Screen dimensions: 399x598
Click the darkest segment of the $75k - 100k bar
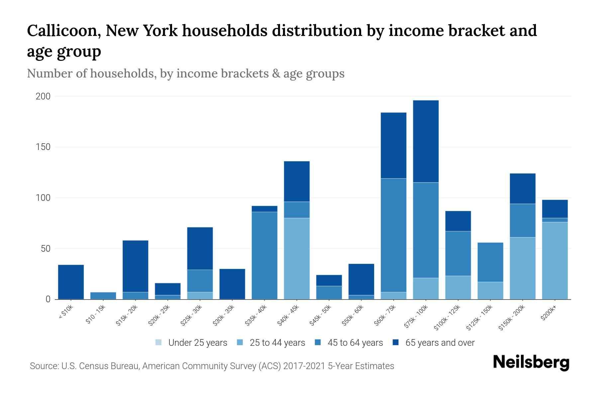coord(426,141)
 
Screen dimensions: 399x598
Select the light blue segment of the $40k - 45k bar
coord(297,259)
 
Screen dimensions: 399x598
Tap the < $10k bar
coord(71,282)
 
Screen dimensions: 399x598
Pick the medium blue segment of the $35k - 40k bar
coord(264,255)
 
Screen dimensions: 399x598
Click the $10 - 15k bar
coord(103,296)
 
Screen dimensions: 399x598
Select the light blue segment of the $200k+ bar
coord(555,261)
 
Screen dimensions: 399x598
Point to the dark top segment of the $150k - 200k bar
coord(523,189)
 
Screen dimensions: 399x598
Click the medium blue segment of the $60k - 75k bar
coord(393,235)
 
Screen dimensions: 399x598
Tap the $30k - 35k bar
coord(232,284)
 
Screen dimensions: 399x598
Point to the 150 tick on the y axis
coord(43,147)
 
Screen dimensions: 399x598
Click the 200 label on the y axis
coord(43,96)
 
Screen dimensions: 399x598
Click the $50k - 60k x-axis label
coord(353,316)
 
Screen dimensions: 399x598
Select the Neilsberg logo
coord(531,363)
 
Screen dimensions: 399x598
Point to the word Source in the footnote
coord(44,366)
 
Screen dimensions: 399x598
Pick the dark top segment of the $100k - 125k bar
coord(458,221)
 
